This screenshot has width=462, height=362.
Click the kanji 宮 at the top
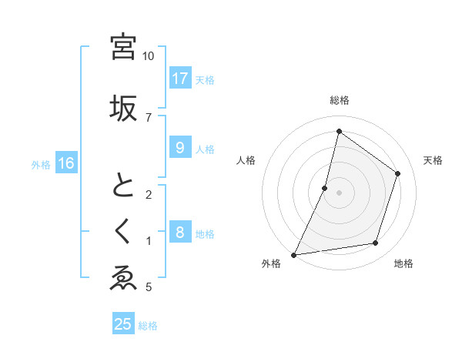pos(123,46)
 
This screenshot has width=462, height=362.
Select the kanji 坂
pos(123,107)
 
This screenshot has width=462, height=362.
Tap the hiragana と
pos(123,186)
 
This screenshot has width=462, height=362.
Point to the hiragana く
pos(123,230)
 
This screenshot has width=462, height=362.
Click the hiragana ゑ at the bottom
pos(123,278)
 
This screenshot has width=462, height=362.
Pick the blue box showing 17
pos(179,79)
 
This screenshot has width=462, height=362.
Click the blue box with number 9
pos(179,148)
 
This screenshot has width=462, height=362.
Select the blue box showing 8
pos(179,233)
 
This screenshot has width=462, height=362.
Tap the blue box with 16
pos(66,163)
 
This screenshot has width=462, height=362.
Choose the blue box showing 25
pos(123,324)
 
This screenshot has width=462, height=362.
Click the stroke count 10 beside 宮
pos(149,56)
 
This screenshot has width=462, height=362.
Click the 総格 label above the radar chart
pos(340,100)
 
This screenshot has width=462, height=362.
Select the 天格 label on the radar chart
pos(433,160)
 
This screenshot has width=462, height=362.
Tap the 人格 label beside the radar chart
pos(246,160)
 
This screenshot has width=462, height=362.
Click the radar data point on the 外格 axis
pos(294,254)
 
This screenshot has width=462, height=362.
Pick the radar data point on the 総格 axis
pos(339,131)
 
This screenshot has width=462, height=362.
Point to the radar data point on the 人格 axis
pos(325,188)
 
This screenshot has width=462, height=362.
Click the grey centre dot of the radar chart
pos(339,193)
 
